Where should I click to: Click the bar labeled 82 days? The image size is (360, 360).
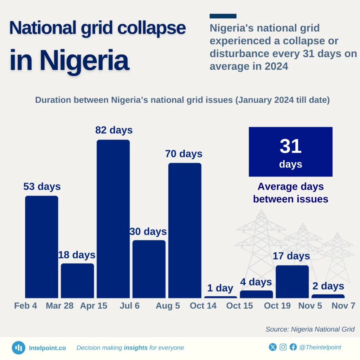point(113,219)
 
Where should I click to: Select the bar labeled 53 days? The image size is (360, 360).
point(41,247)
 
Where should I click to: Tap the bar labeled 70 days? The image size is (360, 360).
point(185,230)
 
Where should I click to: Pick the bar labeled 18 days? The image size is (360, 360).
point(77,281)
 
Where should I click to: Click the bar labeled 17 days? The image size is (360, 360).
point(292,281)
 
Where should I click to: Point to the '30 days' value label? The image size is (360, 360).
point(148,232)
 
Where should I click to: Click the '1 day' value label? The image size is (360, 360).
point(220,288)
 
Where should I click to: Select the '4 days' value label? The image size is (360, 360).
point(256,282)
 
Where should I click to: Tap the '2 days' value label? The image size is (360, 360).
point(328,286)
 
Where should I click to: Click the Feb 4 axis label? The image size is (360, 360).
point(26,306)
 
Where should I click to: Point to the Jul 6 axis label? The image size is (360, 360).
point(129,306)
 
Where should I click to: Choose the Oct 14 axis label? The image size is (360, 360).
point(203,306)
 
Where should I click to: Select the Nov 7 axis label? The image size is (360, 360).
point(343,306)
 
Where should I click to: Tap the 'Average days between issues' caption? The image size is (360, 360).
point(290,193)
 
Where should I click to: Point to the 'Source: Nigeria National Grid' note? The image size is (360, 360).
point(310,329)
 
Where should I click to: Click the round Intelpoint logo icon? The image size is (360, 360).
point(18,348)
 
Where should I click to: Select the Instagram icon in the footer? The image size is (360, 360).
point(283,347)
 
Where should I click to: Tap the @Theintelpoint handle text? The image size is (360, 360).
point(320,347)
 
